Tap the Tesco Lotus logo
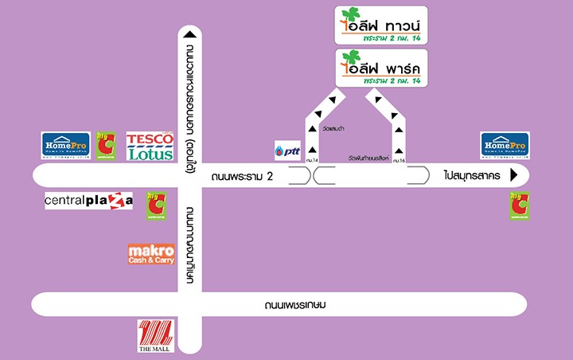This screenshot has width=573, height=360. pos(150,147)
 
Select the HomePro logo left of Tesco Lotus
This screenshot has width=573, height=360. pos(65,145)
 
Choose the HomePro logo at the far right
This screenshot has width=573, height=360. pos(505,145)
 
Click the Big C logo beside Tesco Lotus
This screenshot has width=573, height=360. pos(106,146)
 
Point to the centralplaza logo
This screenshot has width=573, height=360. pos(88,201)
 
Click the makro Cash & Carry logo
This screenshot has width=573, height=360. pos(151,255)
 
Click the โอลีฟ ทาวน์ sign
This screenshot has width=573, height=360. pos(381,25)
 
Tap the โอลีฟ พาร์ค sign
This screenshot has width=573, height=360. pos(381,68)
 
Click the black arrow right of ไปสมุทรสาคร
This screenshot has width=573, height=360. pos(514,175)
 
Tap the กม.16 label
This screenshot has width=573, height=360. pos(399,161)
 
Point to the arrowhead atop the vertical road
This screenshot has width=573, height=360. pos(188,34)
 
